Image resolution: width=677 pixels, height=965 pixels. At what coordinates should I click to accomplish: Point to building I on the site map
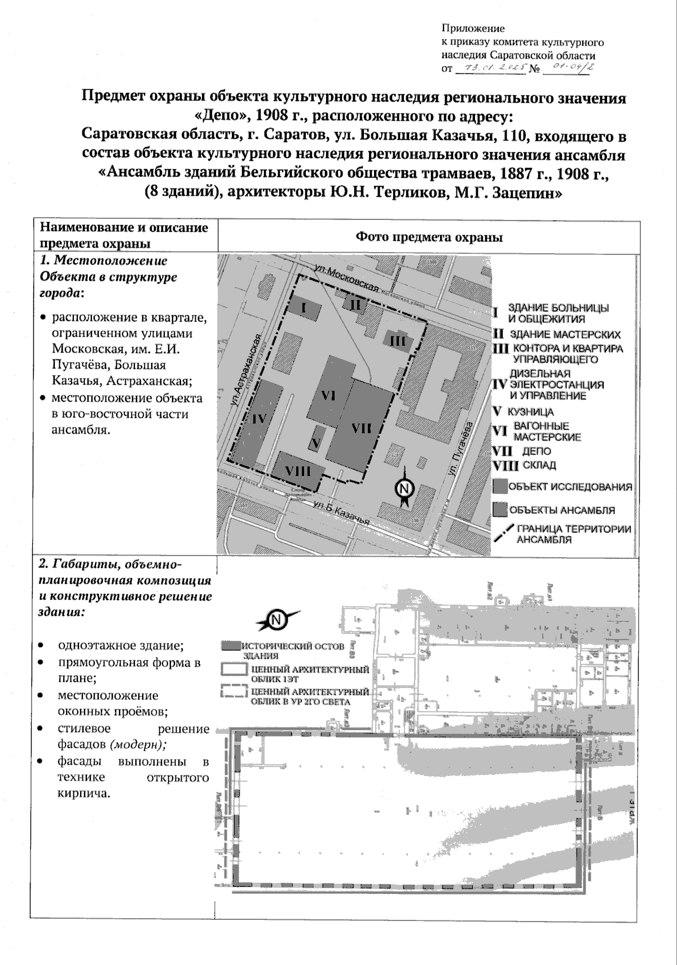point(304,308)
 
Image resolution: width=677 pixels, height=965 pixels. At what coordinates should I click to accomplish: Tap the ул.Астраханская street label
point(249,368)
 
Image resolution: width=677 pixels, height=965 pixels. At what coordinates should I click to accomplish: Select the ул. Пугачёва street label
point(461,451)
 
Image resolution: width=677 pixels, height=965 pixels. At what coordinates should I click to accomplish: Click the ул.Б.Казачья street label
point(342,510)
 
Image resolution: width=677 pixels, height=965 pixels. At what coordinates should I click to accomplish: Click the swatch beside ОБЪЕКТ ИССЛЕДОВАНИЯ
point(499,487)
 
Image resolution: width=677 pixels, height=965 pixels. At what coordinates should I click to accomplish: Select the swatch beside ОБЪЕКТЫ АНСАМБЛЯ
point(499,510)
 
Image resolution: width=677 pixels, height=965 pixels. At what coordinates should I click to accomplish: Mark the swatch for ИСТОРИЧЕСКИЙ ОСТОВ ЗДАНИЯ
point(230,646)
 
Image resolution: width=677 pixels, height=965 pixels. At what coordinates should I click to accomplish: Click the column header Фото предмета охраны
point(429,237)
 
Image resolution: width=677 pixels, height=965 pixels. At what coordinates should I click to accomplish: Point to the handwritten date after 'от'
point(490,68)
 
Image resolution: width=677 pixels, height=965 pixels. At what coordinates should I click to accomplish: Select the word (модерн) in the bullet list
point(138,744)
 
